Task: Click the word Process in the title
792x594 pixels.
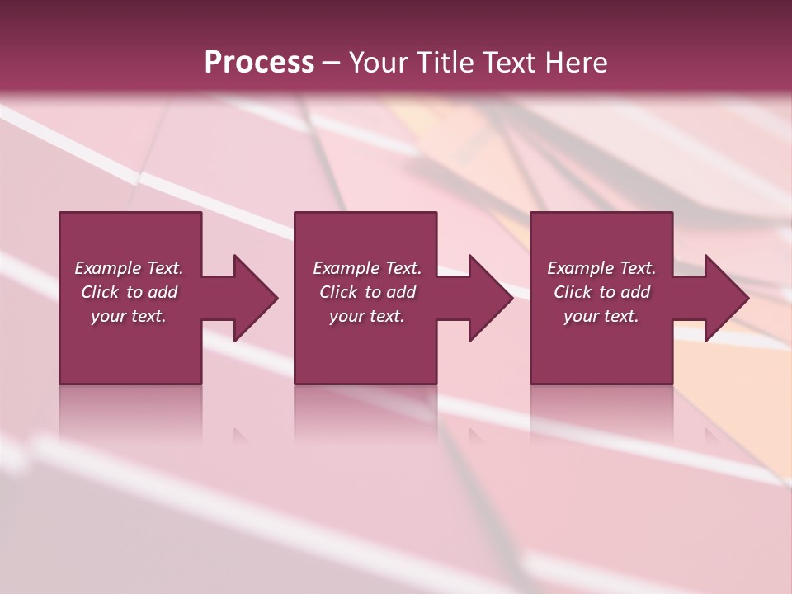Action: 259,62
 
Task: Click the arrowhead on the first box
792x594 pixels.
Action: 256,298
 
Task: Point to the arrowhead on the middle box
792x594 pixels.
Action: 491,298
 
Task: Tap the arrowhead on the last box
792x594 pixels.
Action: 726,298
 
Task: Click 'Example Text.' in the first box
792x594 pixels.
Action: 129,268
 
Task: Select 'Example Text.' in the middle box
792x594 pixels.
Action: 367,268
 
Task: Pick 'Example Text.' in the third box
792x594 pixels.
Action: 601,268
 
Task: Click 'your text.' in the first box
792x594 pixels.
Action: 129,316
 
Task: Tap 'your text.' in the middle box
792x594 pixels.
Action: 367,316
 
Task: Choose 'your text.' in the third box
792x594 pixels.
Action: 601,316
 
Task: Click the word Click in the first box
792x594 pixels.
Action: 101,292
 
